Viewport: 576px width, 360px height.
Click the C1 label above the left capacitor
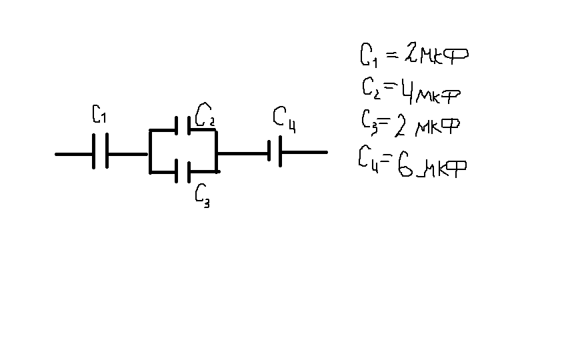99,116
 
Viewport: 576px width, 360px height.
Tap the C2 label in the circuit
204,116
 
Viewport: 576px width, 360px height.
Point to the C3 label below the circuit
202,195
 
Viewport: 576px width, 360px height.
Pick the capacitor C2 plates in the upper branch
183,127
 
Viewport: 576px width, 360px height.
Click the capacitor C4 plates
274,153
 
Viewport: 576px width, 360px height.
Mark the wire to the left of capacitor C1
73,153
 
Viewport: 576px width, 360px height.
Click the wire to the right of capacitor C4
304,153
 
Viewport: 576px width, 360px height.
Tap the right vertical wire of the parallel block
217,151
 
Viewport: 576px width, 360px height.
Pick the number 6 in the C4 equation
403,163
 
